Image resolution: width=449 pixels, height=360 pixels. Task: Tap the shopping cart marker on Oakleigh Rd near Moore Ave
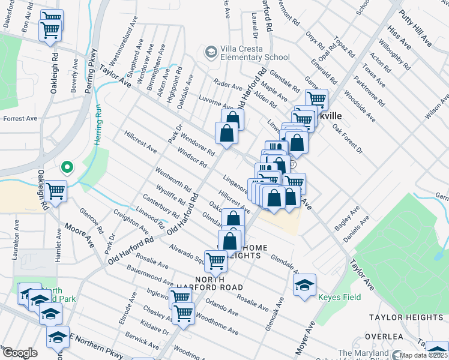pyautogui.click(x=55, y=191)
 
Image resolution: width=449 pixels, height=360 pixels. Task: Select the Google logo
pyautogui.click(x=20, y=353)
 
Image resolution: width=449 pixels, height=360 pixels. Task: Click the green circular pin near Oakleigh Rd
pyautogui.click(x=67, y=167)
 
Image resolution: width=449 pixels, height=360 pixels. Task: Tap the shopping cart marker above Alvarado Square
pyautogui.click(x=215, y=260)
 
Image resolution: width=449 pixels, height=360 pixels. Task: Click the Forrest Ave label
pyautogui.click(x=17, y=119)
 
